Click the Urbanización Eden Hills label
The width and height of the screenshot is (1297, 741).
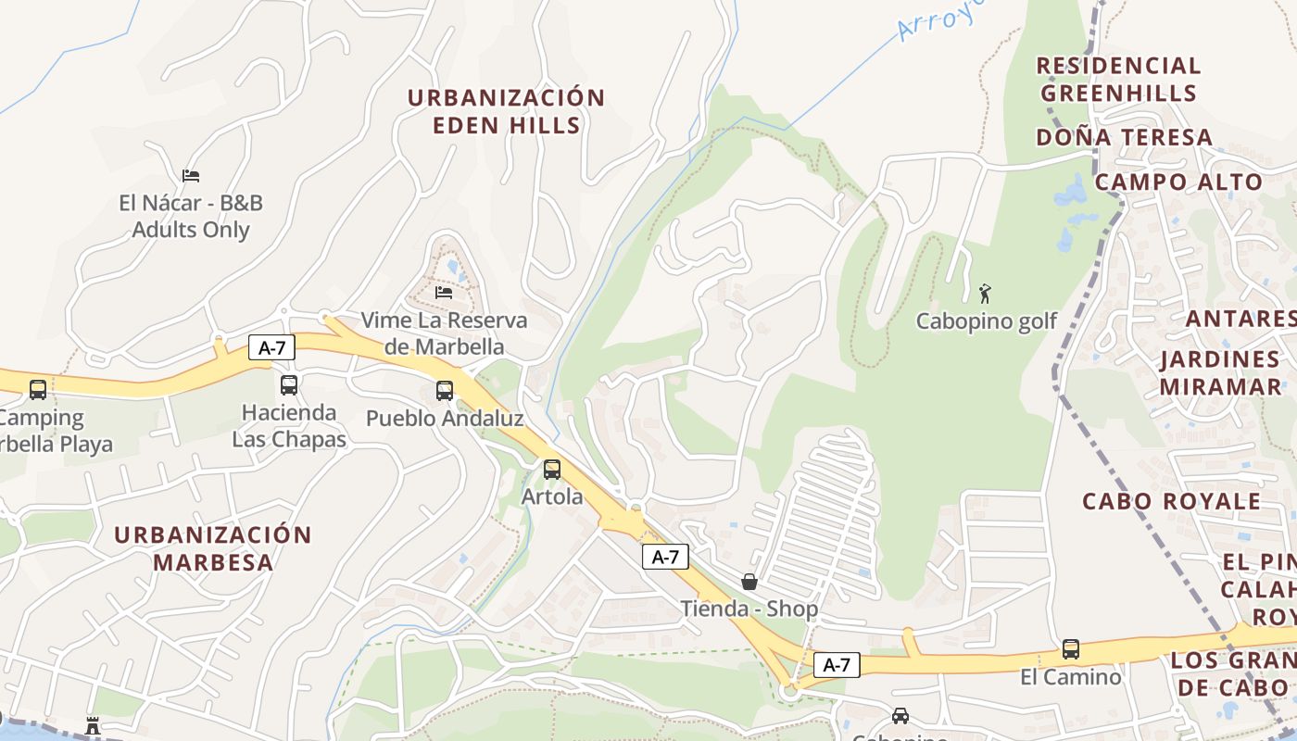506,111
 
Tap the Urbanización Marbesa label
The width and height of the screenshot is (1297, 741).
213,548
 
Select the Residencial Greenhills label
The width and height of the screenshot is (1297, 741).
1118,80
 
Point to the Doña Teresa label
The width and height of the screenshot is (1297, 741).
1124,138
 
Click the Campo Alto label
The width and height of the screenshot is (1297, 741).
1178,182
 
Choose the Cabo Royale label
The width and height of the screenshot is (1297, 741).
1172,502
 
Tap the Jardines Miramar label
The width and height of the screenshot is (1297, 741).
1220,372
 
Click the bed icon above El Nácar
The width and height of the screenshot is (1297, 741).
191,175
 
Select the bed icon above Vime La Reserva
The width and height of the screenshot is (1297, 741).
444,293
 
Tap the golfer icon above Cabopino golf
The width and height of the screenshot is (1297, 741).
985,295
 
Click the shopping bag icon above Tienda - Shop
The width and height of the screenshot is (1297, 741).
749,582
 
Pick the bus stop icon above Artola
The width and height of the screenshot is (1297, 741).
552,470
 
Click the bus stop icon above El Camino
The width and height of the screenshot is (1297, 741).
1071,649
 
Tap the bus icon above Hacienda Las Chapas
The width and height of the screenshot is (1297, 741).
289,385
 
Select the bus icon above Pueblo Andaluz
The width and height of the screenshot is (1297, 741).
445,391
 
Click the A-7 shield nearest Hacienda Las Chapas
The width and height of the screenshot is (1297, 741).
271,348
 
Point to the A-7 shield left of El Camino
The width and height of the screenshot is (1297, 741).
837,664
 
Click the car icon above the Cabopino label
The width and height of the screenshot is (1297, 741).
900,716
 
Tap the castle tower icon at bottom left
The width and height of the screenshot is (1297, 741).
93,725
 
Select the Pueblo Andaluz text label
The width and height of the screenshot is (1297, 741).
445,419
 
